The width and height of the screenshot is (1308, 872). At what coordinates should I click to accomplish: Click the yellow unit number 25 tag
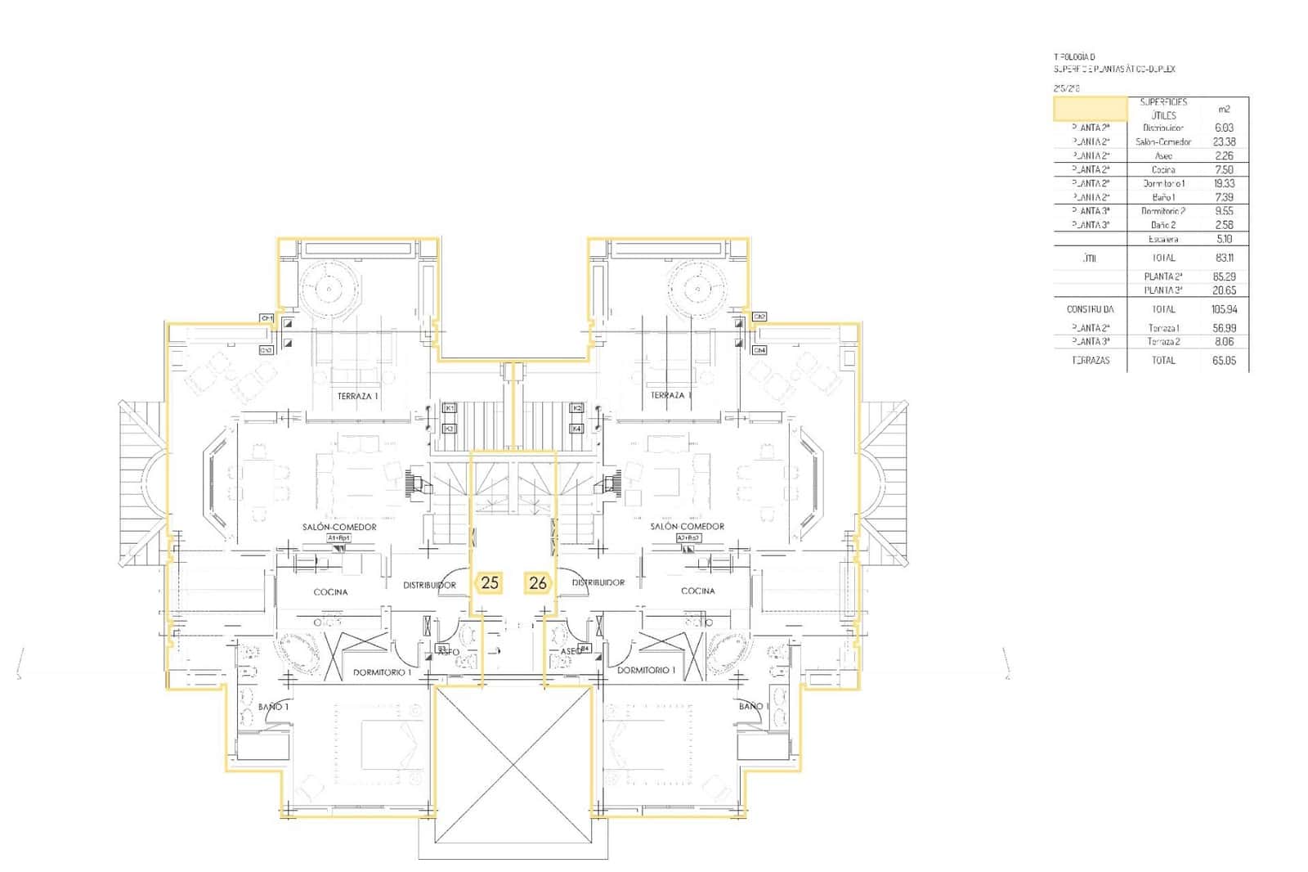490,583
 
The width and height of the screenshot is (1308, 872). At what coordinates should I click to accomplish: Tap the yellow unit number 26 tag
538,583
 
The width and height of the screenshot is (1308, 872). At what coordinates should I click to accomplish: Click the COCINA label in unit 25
330,591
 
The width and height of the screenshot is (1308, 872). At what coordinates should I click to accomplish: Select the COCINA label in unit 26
697,591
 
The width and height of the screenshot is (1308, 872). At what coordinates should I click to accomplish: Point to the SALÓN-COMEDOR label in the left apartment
339,527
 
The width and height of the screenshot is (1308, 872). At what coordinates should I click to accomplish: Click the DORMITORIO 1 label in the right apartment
646,670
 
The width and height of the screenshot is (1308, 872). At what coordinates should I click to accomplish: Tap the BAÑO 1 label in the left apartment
273,706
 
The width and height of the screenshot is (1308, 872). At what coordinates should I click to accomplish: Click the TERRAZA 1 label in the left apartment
358,396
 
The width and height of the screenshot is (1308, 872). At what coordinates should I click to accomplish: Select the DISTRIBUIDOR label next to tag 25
429,585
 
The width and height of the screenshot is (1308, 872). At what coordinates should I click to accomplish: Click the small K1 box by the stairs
450,407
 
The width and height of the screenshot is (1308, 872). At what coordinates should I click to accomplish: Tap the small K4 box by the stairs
576,428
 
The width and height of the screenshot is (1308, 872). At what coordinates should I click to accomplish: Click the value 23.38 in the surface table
1224,142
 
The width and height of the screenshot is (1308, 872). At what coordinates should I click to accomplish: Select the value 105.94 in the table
1224,309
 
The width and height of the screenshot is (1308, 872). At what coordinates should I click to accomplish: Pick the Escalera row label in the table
1162,239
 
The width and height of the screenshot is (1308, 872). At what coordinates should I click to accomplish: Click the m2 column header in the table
1224,109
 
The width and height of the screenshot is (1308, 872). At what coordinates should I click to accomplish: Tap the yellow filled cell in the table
1090,109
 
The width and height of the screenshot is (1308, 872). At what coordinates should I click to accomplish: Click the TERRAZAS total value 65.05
1224,360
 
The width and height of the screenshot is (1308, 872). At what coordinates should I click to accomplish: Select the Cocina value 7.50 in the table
1224,169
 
